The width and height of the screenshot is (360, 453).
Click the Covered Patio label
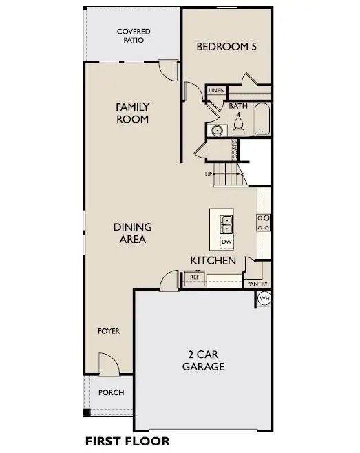[134, 36]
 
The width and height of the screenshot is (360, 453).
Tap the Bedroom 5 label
[226, 47]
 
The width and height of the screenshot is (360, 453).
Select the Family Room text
[133, 113]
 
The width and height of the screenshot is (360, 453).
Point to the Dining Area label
[133, 233]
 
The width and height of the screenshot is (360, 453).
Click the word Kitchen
[213, 260]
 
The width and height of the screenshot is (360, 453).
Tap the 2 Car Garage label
[203, 360]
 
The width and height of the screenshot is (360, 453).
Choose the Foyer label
[109, 331]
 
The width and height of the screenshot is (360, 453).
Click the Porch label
[112, 392]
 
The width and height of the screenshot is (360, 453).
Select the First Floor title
[127, 441]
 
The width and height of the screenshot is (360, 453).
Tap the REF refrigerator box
[194, 278]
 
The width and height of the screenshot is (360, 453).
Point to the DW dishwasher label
[226, 242]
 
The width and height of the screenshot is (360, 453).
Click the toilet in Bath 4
[239, 127]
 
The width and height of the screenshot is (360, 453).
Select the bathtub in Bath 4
[262, 118]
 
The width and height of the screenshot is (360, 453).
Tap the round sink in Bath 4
[217, 130]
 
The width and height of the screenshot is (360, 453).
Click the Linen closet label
[217, 90]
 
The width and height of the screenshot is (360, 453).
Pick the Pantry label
[257, 284]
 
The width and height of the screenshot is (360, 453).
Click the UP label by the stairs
[209, 174]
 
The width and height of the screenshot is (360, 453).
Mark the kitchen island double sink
[226, 224]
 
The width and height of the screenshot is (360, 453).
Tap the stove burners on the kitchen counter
[264, 223]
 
